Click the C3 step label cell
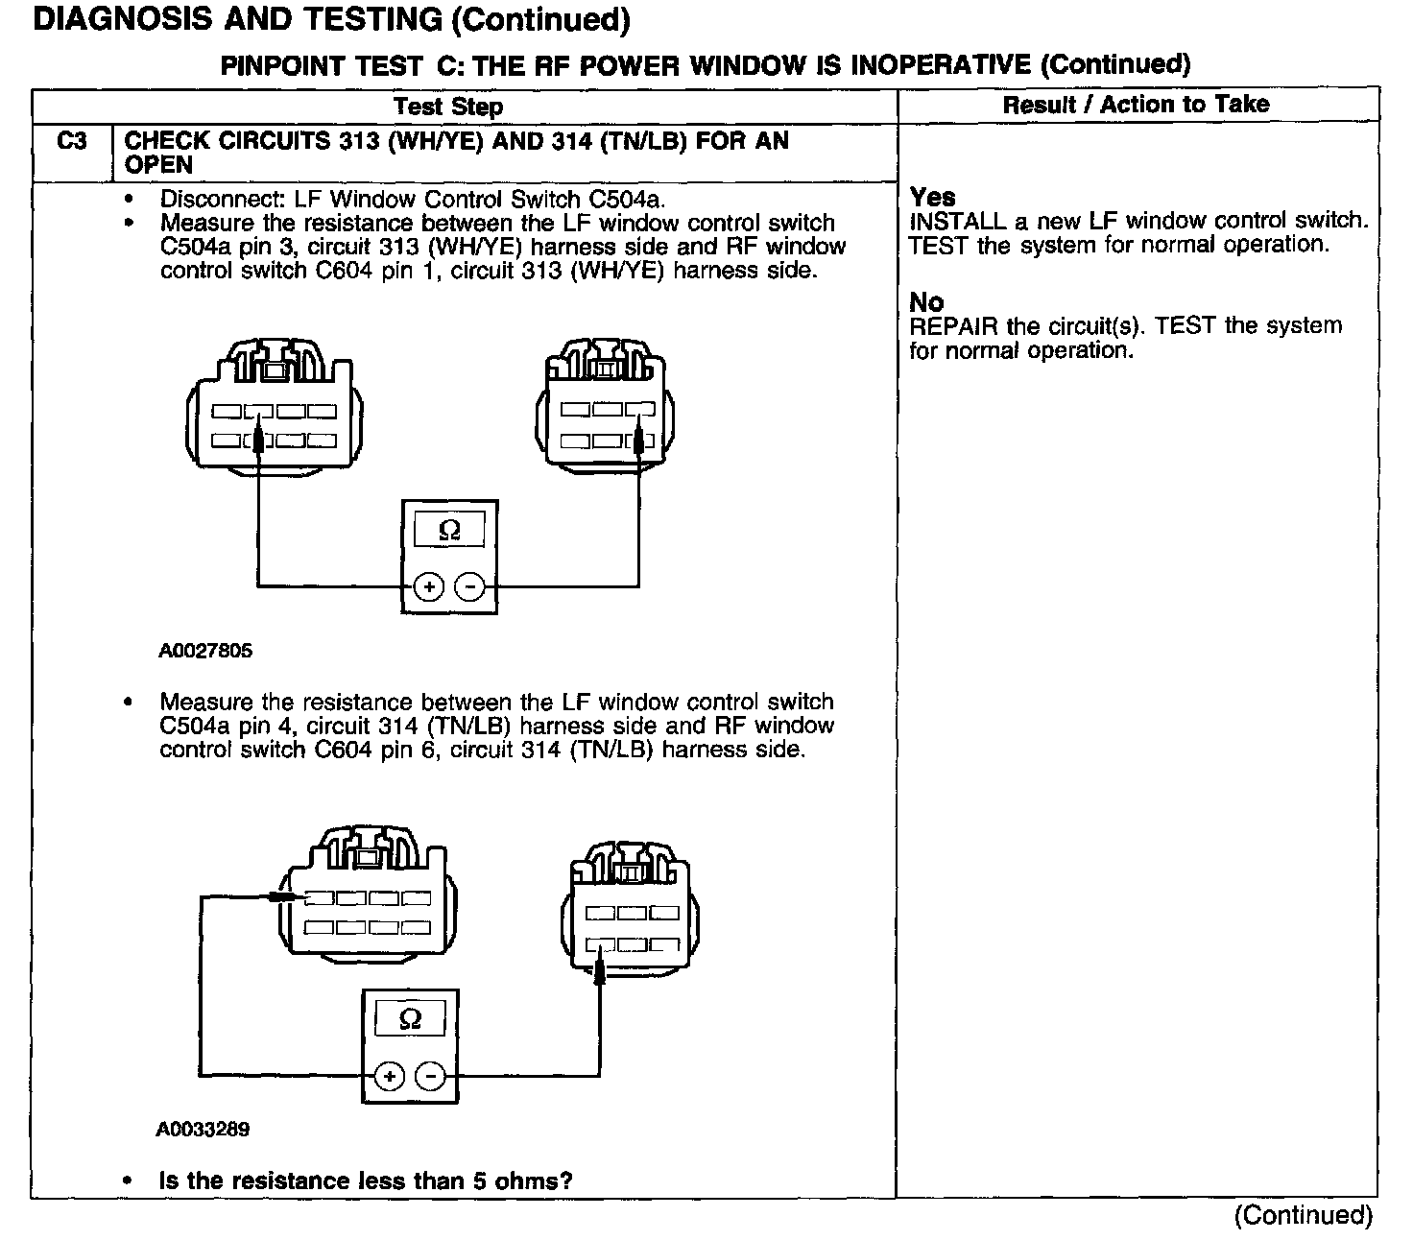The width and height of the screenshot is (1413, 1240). pos(72,142)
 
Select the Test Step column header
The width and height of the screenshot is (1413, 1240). pos(448,107)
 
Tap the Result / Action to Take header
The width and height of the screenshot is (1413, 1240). pos(1136,105)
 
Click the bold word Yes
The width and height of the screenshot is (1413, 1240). pos(932,197)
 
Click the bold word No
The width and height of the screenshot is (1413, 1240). pos(926,302)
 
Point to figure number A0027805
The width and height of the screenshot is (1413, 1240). pos(205,651)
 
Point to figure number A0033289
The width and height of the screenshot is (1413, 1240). pos(204,1130)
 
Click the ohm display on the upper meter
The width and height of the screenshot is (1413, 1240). pos(449,530)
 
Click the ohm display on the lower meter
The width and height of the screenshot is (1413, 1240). pos(410,1019)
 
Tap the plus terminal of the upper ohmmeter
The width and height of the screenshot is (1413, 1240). pos(429,586)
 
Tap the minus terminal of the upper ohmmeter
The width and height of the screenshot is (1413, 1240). pos(469,586)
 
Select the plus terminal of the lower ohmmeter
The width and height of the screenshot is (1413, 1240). pos(389,1077)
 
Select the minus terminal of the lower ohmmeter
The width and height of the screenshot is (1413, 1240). pos(430,1077)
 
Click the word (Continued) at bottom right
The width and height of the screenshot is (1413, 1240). pos(1304,1215)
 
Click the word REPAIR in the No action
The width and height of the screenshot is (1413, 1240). pos(953,326)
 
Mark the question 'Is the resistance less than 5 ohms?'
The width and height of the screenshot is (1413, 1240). pos(366,1180)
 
